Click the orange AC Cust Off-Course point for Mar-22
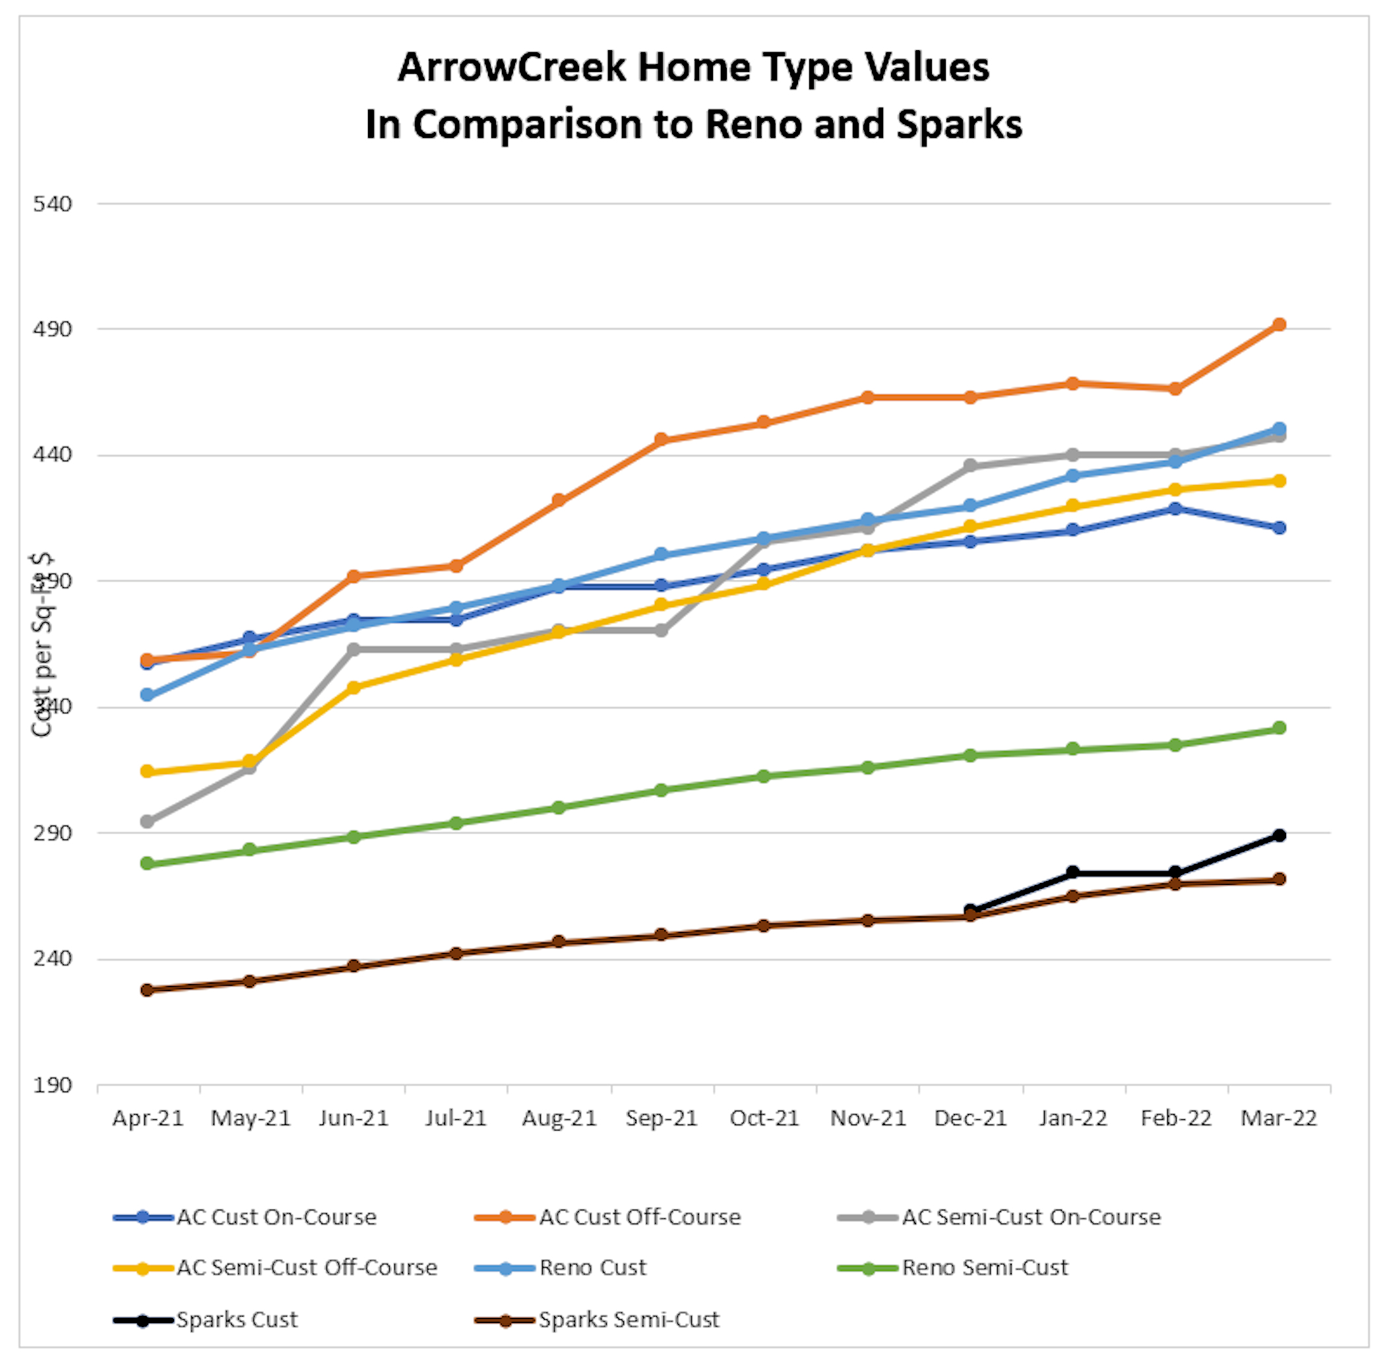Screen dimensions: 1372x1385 [x=1278, y=325]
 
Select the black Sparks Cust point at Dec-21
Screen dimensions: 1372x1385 [x=971, y=910]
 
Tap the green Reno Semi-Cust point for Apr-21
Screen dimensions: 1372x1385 [x=147, y=863]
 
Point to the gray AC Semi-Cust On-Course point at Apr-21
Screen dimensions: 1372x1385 [x=147, y=821]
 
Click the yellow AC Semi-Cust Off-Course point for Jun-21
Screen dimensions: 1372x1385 [x=354, y=687]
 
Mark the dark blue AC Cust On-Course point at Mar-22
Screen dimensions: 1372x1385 [x=1278, y=528]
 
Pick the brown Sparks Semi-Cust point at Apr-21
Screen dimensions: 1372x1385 [x=147, y=990]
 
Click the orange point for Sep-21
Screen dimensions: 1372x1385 [x=661, y=440]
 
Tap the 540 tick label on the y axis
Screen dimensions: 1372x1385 [x=52, y=205]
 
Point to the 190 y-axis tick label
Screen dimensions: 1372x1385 [x=52, y=1085]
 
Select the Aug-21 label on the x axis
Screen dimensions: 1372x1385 [x=559, y=1118]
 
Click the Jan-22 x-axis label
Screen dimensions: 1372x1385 [x=1072, y=1118]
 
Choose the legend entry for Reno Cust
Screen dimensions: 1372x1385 [x=592, y=1267]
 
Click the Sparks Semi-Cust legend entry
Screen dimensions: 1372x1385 [x=628, y=1320]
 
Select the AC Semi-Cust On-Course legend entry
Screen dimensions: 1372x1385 [x=1030, y=1217]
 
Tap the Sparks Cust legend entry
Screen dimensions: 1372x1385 [x=237, y=1320]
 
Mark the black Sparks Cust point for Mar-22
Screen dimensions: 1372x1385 [x=1278, y=835]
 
